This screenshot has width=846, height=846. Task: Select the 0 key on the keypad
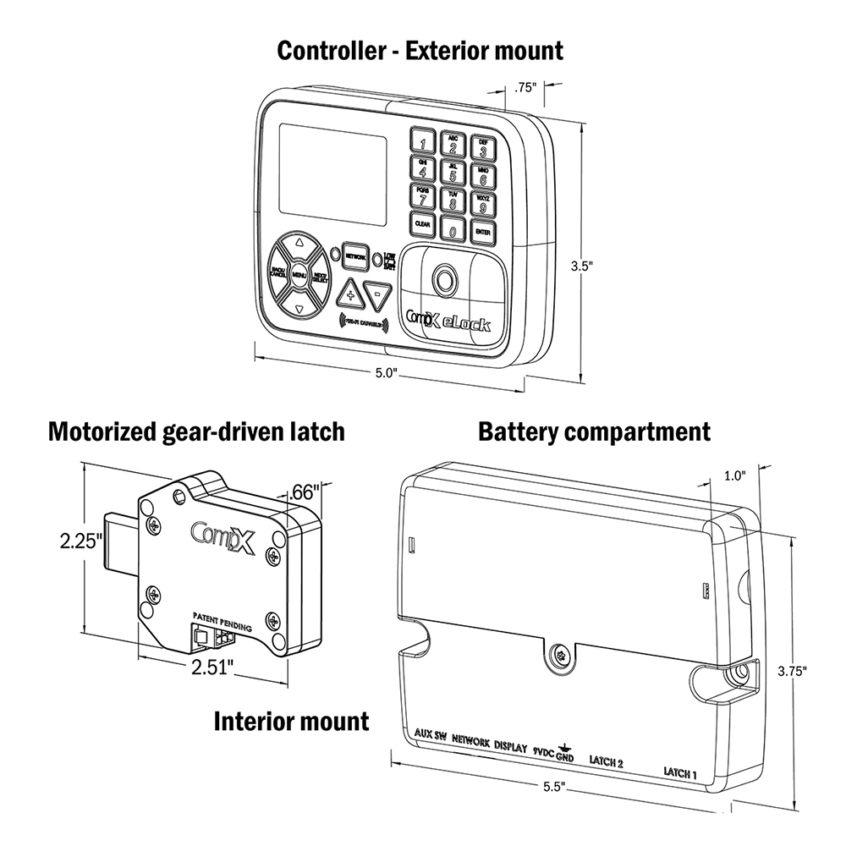[453, 229]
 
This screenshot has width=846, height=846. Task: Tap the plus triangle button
[349, 295]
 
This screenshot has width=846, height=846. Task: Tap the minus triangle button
[378, 295]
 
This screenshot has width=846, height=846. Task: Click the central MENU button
[298, 274]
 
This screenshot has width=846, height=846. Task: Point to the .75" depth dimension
[525, 87]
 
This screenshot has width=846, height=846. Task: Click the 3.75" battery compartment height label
[791, 671]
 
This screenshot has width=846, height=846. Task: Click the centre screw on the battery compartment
[558, 654]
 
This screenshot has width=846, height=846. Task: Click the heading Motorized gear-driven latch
[196, 432]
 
